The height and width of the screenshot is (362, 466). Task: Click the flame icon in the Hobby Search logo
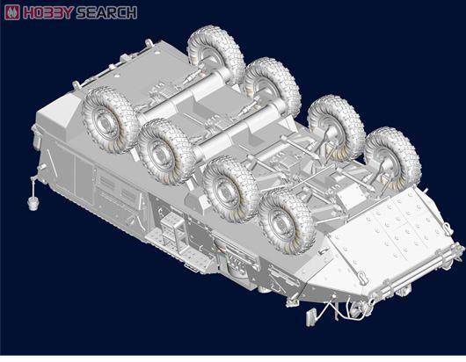[12, 12]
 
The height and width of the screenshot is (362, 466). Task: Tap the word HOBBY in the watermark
[47, 13]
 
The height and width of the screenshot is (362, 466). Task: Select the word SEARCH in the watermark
[106, 13]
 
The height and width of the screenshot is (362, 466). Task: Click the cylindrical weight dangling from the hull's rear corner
[33, 203]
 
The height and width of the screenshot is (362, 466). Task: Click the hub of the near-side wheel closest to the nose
[279, 221]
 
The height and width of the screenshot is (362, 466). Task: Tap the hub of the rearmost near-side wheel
[104, 122]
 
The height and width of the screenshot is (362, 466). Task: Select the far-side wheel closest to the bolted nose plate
[393, 158]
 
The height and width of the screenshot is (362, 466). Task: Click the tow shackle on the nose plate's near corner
[362, 277]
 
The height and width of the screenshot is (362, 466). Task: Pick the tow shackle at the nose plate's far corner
[448, 229]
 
